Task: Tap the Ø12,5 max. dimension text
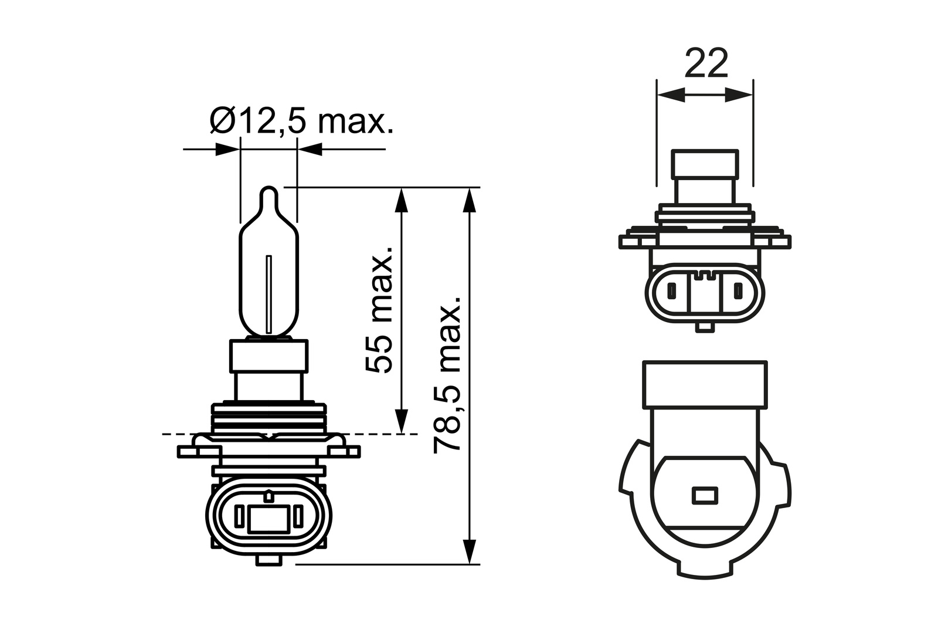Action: pos(300,121)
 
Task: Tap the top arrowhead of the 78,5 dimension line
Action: pos(468,200)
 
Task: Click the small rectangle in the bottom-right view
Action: pos(705,495)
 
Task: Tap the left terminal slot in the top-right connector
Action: pos(671,290)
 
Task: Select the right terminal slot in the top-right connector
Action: pos(739,290)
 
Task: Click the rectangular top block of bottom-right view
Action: pos(705,384)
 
